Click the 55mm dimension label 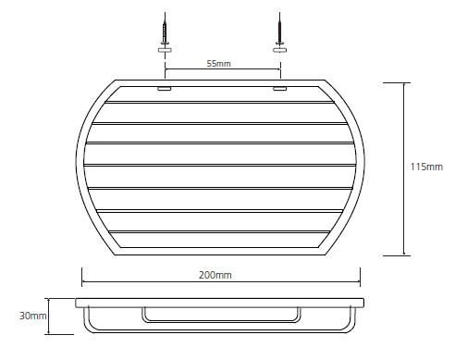click(218, 64)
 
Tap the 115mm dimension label click(426, 167)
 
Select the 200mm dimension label click(215, 275)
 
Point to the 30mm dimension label click(33, 316)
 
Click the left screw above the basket click(165, 29)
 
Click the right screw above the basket click(279, 29)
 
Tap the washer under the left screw click(165, 50)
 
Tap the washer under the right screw click(279, 50)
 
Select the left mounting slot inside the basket click(165, 89)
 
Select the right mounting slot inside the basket click(280, 89)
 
